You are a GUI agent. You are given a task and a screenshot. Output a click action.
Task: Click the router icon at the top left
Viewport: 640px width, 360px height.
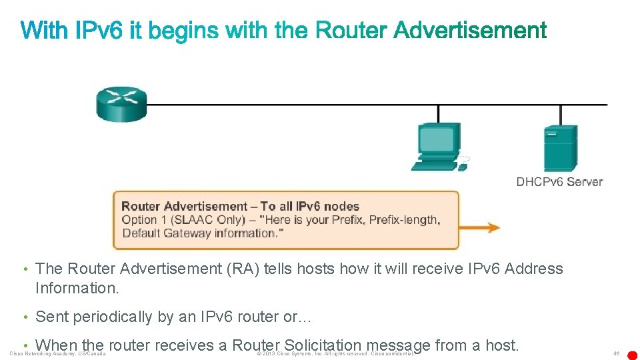121,104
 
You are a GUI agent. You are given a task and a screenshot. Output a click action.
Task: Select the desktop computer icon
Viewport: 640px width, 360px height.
437,146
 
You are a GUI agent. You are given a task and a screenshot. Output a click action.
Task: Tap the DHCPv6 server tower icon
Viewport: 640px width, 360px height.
560,149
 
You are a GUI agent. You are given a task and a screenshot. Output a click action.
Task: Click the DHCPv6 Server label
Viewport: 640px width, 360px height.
559,182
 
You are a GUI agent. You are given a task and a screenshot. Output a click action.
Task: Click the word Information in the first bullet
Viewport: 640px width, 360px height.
65,288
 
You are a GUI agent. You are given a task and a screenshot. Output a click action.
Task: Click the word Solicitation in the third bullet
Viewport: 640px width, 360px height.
322,345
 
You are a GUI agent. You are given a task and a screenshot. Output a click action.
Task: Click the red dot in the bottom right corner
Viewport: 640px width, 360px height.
633,355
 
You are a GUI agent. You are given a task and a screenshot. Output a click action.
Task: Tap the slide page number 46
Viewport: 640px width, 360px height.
617,353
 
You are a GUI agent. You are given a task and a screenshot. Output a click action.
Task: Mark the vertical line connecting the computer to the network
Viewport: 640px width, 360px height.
438,113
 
